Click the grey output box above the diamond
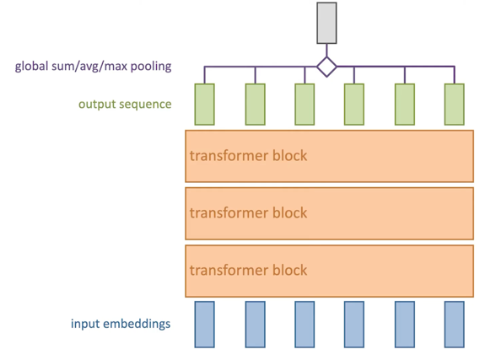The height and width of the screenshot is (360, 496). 326,23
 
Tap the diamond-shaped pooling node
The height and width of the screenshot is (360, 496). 326,67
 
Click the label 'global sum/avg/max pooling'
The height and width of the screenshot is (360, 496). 94,67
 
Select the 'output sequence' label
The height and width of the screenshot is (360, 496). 125,105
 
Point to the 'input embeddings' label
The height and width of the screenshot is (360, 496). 121,324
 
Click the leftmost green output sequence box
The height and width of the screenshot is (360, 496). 205,105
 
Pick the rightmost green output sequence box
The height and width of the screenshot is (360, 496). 455,105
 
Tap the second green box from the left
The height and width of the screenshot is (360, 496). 256,105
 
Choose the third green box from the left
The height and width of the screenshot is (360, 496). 305,105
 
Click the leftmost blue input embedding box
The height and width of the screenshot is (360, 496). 205,325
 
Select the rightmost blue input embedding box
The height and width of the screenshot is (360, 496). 455,325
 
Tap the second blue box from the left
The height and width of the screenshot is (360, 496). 256,325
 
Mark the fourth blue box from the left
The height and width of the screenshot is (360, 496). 354,325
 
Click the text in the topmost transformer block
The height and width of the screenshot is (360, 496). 248,155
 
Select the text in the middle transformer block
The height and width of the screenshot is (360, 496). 248,212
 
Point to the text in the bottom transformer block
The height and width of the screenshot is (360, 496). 248,271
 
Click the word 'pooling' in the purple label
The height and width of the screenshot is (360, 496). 151,67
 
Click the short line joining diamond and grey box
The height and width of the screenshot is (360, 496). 326,51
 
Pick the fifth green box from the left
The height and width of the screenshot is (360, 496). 405,105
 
